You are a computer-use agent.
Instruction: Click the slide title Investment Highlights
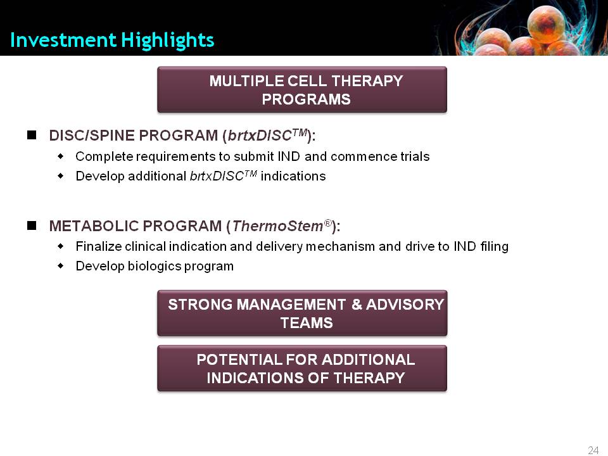[x=112, y=41]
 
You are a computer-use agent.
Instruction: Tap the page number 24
[x=593, y=450]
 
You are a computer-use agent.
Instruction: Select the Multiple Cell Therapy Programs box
[x=302, y=89]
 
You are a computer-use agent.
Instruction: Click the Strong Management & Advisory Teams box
[x=302, y=313]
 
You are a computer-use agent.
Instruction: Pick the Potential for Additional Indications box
[x=302, y=369]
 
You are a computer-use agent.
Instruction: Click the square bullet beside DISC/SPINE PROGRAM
[x=32, y=135]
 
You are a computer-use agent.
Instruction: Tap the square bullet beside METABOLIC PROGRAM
[x=32, y=225]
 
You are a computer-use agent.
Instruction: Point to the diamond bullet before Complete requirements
[x=61, y=156]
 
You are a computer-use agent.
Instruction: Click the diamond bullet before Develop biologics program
[x=61, y=266]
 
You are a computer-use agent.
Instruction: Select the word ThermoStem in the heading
[x=277, y=226]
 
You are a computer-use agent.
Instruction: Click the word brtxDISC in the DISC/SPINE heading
[x=260, y=136]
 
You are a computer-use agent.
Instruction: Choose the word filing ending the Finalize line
[x=495, y=247]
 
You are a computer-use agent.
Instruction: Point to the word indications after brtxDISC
[x=293, y=176]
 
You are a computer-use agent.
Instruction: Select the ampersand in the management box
[x=357, y=305]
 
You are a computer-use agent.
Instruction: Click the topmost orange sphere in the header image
[x=546, y=24]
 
